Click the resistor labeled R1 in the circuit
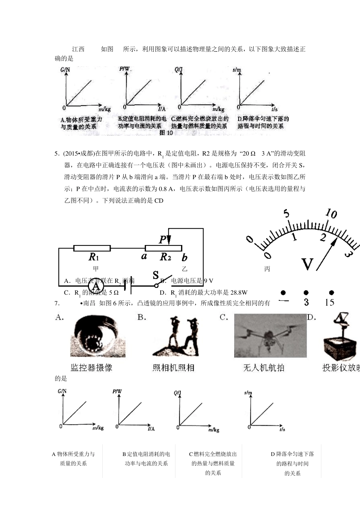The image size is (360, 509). (92, 248)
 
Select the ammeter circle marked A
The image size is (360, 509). (95, 286)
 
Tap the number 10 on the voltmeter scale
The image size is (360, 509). (331, 214)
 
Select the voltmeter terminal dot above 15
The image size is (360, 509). (331, 292)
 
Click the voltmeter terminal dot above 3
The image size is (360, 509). (306, 292)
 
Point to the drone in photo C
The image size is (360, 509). (270, 336)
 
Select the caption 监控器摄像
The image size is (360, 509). (91, 367)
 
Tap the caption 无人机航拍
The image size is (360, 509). (264, 367)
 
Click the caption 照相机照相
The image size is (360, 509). (173, 367)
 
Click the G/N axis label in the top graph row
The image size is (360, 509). (65, 70)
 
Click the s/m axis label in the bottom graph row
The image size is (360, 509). (248, 393)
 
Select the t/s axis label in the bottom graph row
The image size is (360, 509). (282, 429)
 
